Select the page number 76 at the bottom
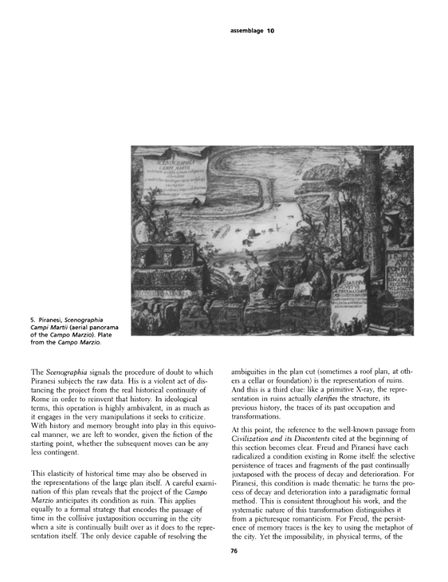coord(234,553)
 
